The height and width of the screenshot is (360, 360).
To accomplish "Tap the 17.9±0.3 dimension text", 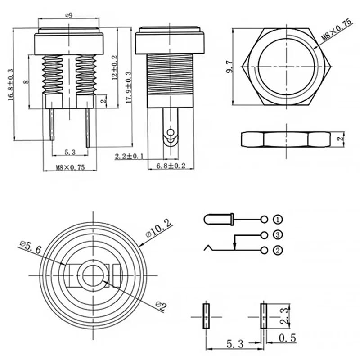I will click(129, 88).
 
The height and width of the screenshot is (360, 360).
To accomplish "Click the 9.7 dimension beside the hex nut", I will click(230, 68).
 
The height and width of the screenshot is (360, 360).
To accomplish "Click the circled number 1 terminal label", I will click(278, 220).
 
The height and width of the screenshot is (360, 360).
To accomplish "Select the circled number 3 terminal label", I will click(278, 235).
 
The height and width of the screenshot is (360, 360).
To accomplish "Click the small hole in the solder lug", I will click(171, 133).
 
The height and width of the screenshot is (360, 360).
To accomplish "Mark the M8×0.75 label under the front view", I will click(70, 167).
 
